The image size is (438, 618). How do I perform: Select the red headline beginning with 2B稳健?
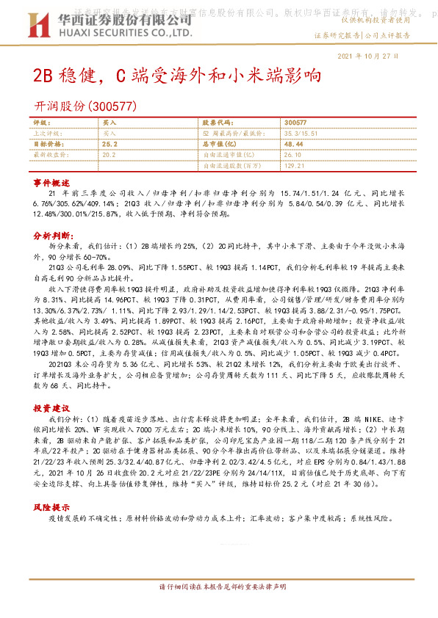177,76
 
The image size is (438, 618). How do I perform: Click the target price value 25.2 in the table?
110,145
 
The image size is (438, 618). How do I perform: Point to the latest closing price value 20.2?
109,156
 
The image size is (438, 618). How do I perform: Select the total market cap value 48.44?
293,145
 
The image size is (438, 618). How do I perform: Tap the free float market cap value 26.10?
292,156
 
